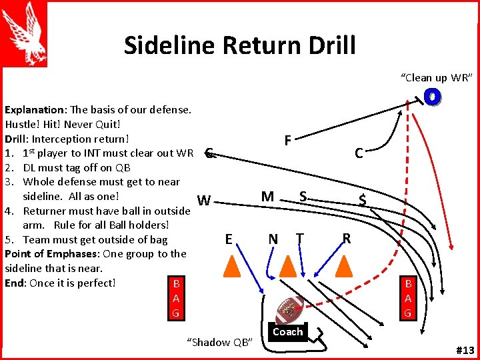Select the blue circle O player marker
coord(432,97)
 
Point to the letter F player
coord(287,141)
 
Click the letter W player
coord(205,201)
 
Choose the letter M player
coord(267,196)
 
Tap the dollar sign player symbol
coord(362,199)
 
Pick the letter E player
coord(229,239)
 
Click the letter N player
coord(273,239)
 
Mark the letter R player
coord(346,239)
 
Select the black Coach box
coord(288,332)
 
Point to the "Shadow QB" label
coord(220,342)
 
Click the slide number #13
coord(464,351)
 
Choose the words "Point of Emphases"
coord(50,253)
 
